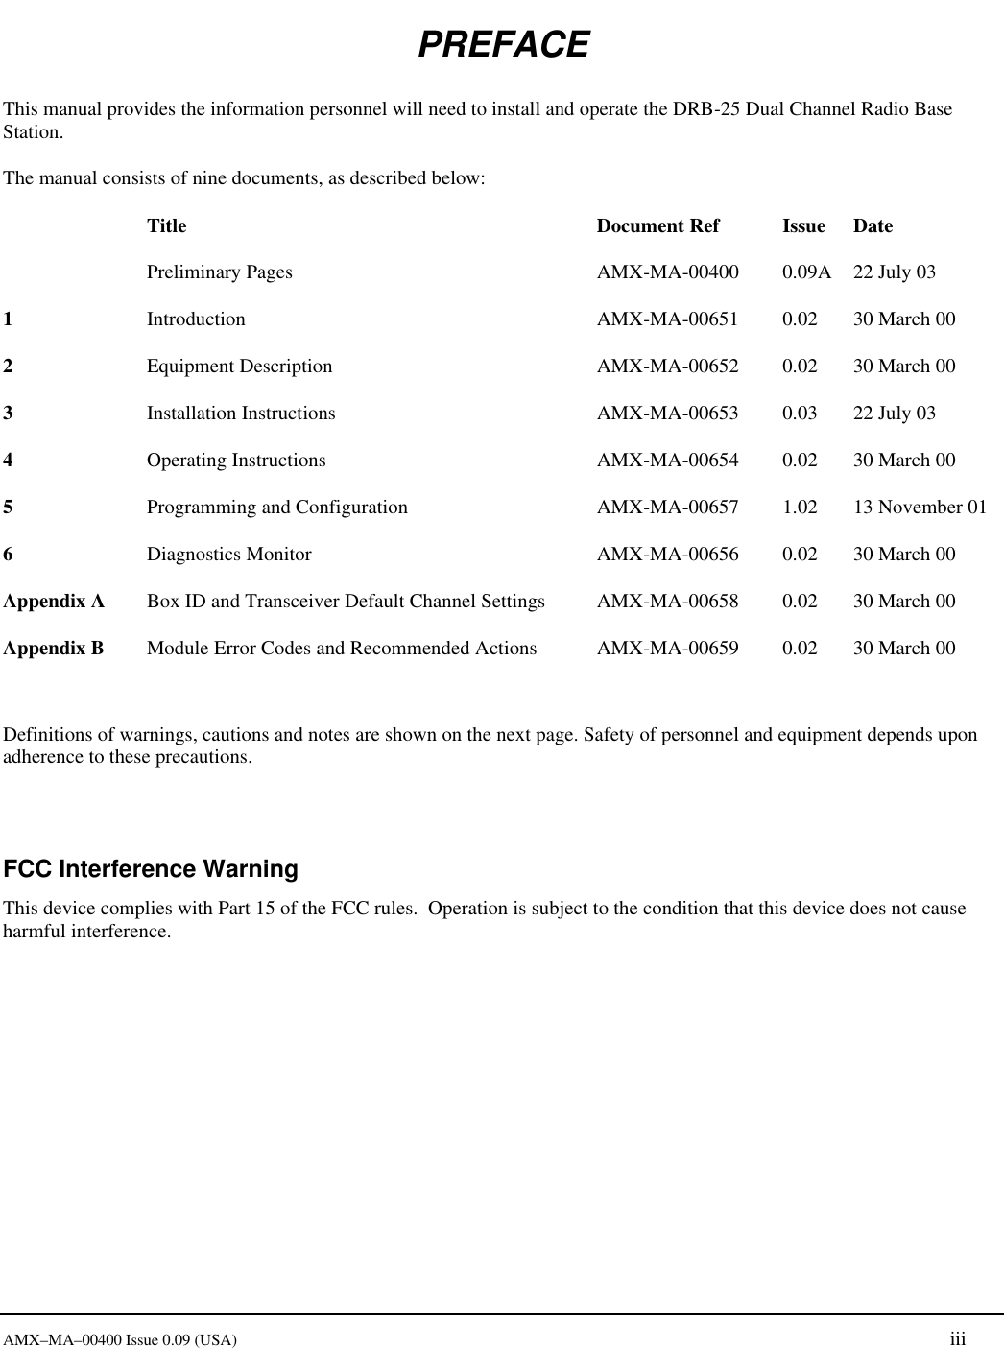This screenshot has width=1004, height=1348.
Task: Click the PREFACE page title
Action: pos(503,45)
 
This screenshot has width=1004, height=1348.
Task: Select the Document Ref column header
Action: pos(657,226)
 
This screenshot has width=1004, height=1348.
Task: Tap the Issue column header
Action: pos(803,226)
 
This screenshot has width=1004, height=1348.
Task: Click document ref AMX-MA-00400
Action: pos(668,272)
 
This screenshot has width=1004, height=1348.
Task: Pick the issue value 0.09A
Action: pos(806,272)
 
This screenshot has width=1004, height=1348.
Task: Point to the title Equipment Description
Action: pos(239,367)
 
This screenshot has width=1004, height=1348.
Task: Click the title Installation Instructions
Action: pos(241,414)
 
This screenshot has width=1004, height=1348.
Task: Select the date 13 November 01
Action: pos(920,508)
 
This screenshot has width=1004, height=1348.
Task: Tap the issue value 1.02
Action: pos(800,508)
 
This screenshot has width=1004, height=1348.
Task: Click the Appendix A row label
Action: pos(54,602)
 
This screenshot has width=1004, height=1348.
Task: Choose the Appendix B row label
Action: pos(54,649)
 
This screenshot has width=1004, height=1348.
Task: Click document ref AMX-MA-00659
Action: pos(668,649)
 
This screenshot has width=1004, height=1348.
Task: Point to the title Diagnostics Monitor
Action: pos(228,555)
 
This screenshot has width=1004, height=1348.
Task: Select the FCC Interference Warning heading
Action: pos(151,869)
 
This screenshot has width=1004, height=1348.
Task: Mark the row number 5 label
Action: pos(9,508)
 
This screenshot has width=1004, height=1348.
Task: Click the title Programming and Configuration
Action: pos(276,508)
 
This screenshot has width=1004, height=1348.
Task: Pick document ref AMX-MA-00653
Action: pos(668,414)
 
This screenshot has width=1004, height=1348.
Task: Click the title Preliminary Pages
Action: pos(219,272)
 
